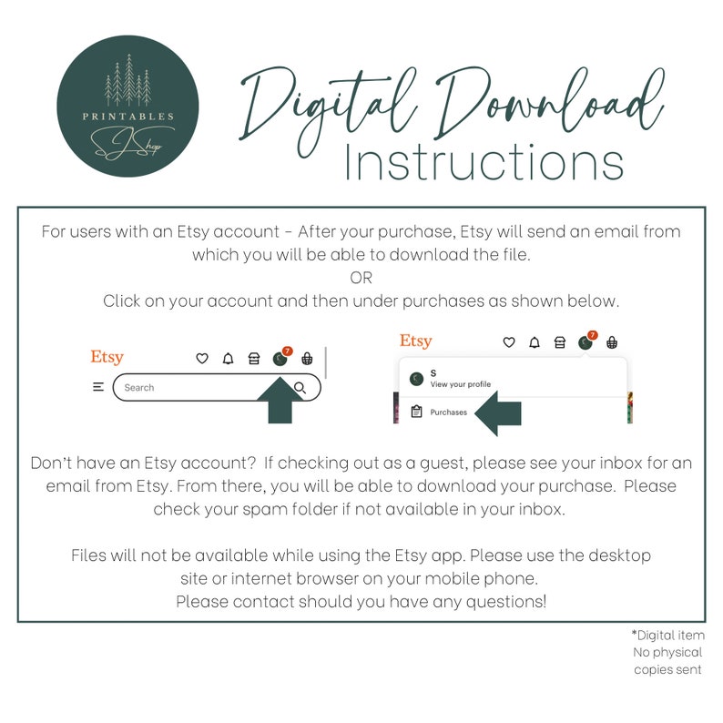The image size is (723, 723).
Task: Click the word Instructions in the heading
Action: click(484, 163)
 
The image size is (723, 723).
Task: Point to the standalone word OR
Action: click(361, 278)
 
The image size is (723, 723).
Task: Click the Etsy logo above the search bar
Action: click(107, 357)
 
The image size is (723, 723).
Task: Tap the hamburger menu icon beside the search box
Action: click(98, 387)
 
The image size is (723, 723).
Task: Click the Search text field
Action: click(196, 387)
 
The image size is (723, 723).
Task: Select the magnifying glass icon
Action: click(300, 389)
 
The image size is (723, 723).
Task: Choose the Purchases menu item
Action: click(448, 412)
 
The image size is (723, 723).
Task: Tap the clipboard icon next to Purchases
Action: click(416, 412)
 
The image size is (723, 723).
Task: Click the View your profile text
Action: click(460, 384)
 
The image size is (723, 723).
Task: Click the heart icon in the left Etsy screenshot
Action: click(202, 359)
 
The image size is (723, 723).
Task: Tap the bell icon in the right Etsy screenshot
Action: click(535, 342)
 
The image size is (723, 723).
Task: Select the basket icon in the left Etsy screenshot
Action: click(307, 359)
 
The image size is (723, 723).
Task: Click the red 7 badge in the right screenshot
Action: click(593, 335)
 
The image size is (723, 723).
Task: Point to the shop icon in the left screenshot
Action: click(254, 359)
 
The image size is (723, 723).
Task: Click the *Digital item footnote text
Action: click(667, 635)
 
